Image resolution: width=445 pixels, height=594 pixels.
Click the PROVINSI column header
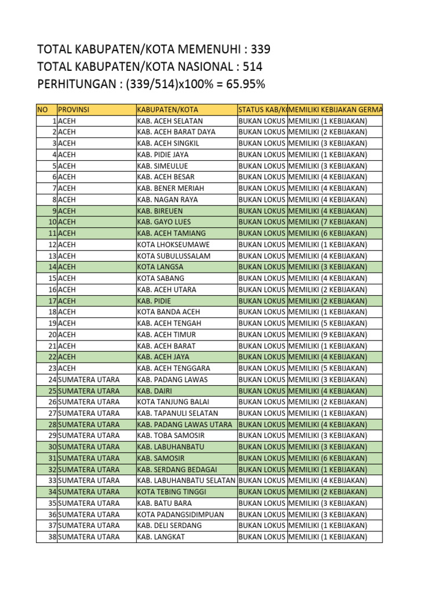74,110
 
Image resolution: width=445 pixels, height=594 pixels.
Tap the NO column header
43,110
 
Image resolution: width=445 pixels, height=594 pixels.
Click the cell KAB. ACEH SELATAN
170,121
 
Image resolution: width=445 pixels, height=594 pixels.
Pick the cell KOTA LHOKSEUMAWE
171,244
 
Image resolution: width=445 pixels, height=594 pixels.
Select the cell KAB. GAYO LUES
164,222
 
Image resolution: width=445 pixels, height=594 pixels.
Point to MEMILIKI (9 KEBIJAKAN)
327,334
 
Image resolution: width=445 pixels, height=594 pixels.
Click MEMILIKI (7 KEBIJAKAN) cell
327,222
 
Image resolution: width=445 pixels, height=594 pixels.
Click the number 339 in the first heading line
260,49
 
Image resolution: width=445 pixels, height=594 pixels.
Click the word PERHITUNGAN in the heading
76,84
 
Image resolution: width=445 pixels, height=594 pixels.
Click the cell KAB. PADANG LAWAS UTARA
184,424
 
